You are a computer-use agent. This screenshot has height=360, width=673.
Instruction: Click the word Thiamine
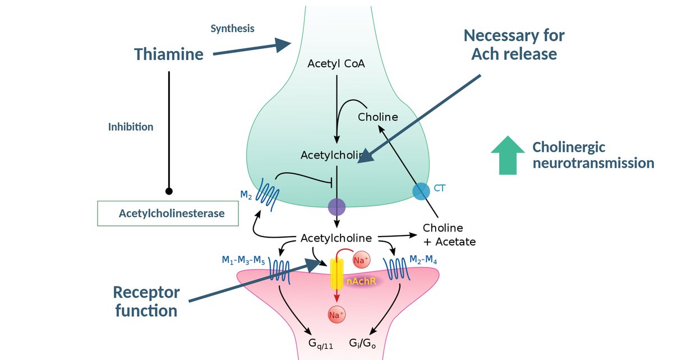pos(169,54)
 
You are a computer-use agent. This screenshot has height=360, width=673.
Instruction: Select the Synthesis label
pos(232,29)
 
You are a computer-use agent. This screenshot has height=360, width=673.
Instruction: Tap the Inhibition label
pos(131,127)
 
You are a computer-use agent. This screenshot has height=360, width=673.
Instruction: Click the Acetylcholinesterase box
pos(168,213)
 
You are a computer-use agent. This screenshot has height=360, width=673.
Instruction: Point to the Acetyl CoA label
pos(336,64)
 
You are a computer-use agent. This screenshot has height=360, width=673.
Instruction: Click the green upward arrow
pos(508,155)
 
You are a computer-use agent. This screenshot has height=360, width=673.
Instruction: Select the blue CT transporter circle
pos(421,191)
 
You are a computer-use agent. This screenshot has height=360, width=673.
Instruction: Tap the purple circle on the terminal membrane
pos(336,207)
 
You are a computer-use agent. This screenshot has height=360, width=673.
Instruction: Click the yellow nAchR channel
pos(336,274)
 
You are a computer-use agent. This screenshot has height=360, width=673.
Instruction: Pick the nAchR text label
pos(361,281)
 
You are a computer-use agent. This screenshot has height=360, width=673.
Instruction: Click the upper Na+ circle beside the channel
pos(361,260)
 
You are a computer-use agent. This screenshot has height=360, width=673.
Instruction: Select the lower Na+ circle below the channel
pos(336,315)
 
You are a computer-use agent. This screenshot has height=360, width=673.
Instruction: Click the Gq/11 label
pos(321,344)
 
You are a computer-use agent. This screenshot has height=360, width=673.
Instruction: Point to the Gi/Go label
pos(362,343)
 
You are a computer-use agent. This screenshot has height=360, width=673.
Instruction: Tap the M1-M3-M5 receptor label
pos(243,260)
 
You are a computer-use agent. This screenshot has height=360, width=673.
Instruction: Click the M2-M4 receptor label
pos(423,260)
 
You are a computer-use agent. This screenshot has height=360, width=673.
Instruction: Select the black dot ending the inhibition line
pos(169,191)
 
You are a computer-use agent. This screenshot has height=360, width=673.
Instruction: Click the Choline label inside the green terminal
pos(377,117)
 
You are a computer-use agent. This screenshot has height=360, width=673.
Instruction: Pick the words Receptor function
pos(146,302)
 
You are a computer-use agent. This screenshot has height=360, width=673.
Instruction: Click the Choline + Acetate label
pos(449,235)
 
